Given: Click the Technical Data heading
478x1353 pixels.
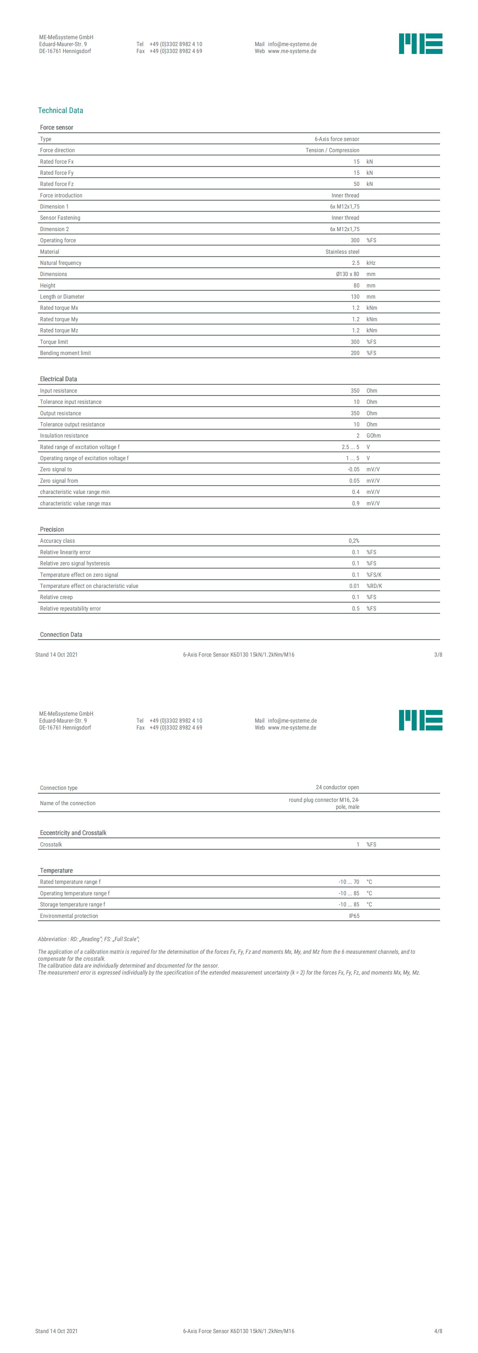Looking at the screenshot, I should tap(61, 110).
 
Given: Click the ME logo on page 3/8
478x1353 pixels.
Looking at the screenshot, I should tap(420, 44).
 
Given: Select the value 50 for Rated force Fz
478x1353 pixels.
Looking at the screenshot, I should tap(356, 184).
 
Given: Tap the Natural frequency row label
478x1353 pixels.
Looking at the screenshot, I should tap(61, 263).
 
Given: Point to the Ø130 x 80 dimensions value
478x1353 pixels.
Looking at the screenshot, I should tap(347, 274).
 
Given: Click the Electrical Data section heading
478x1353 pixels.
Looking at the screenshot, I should tap(58, 379).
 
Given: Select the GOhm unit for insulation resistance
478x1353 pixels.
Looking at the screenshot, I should tap(373, 435).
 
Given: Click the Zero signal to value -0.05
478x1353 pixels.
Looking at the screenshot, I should tap(354, 469).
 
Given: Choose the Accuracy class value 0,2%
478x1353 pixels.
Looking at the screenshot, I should tap(354, 541).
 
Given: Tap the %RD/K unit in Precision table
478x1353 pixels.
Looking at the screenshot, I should tap(374, 585).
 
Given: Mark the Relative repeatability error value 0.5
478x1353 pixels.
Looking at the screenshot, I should tap(356, 608).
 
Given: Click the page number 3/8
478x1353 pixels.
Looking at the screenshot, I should tap(438, 655).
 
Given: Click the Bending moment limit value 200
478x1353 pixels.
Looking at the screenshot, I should tap(355, 353).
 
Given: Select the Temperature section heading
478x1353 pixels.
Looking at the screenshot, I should tap(56, 870).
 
